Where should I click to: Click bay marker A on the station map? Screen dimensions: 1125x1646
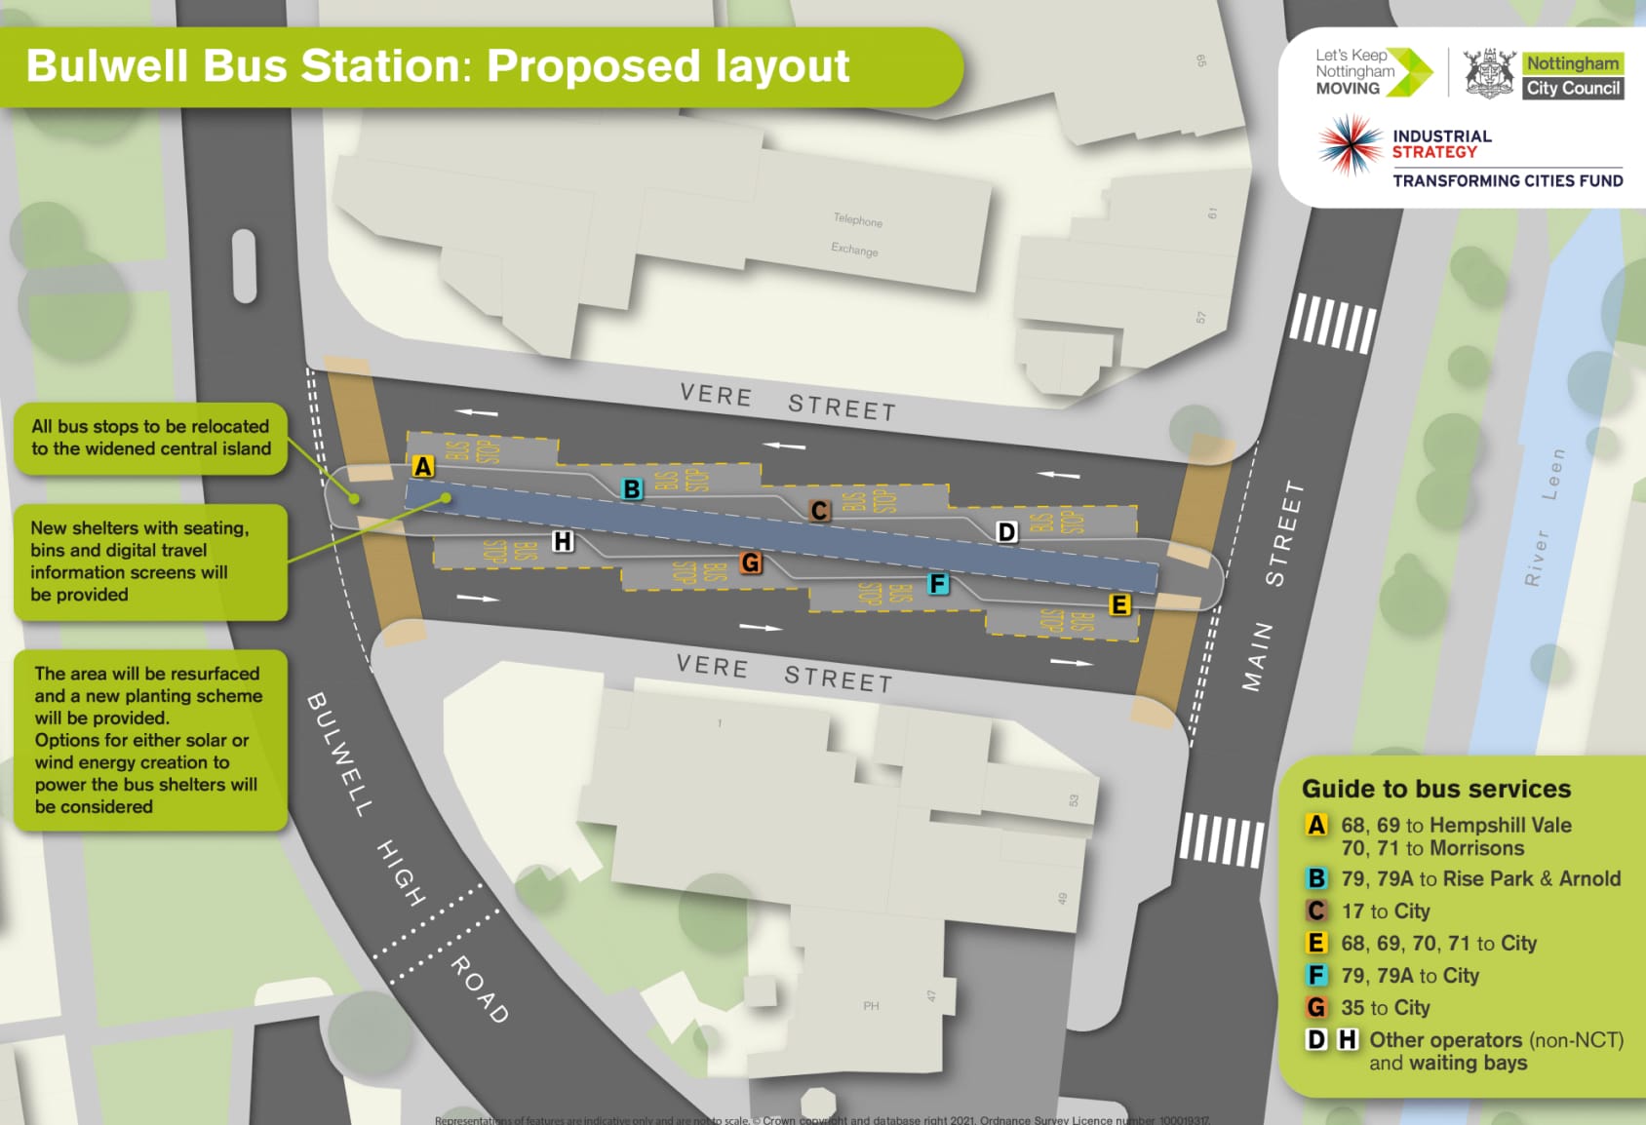coord(422,466)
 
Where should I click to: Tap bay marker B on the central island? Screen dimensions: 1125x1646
coord(632,489)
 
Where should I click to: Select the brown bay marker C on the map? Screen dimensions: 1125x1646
coord(819,510)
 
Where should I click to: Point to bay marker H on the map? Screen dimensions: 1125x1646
coord(563,541)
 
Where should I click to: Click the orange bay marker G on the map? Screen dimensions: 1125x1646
coord(750,562)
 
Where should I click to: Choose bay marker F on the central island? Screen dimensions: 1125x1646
coord(937,584)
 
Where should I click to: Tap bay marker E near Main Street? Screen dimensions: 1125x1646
coord(1119,605)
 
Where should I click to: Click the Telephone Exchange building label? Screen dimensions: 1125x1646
coord(856,235)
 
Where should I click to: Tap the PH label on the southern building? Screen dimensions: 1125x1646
coord(871,1005)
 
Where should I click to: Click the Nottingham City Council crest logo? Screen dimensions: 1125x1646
coord(1489,73)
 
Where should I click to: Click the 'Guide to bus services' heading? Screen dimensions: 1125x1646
coord(1435,789)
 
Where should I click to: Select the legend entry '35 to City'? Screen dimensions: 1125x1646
coord(1385,1008)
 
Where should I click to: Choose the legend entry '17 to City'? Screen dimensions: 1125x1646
coord(1385,912)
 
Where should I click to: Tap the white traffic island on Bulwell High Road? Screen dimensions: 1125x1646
coord(244,266)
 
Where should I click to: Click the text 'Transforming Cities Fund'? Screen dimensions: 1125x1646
coord(1507,180)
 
